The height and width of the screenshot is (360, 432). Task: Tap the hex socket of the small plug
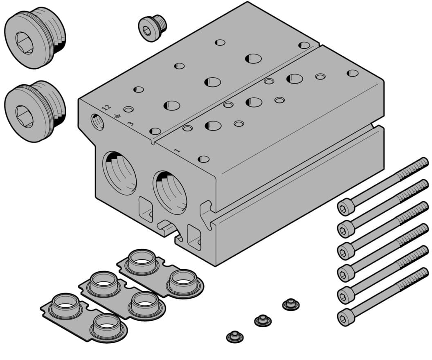tap(147, 29)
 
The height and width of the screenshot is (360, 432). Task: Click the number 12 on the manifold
tap(106, 108)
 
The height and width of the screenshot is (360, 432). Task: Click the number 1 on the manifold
tap(177, 150)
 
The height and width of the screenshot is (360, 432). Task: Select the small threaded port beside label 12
tap(97, 122)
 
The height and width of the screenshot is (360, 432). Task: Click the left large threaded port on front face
tap(119, 172)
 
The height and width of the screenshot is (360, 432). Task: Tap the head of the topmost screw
tap(346, 207)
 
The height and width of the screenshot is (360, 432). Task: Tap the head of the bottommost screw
tap(346, 317)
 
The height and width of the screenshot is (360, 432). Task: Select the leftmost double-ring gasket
tap(84, 315)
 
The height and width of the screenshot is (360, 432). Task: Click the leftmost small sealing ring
tap(235, 336)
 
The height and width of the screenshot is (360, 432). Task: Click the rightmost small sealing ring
tap(291, 304)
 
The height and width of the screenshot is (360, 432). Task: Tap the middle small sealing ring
tap(263, 320)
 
